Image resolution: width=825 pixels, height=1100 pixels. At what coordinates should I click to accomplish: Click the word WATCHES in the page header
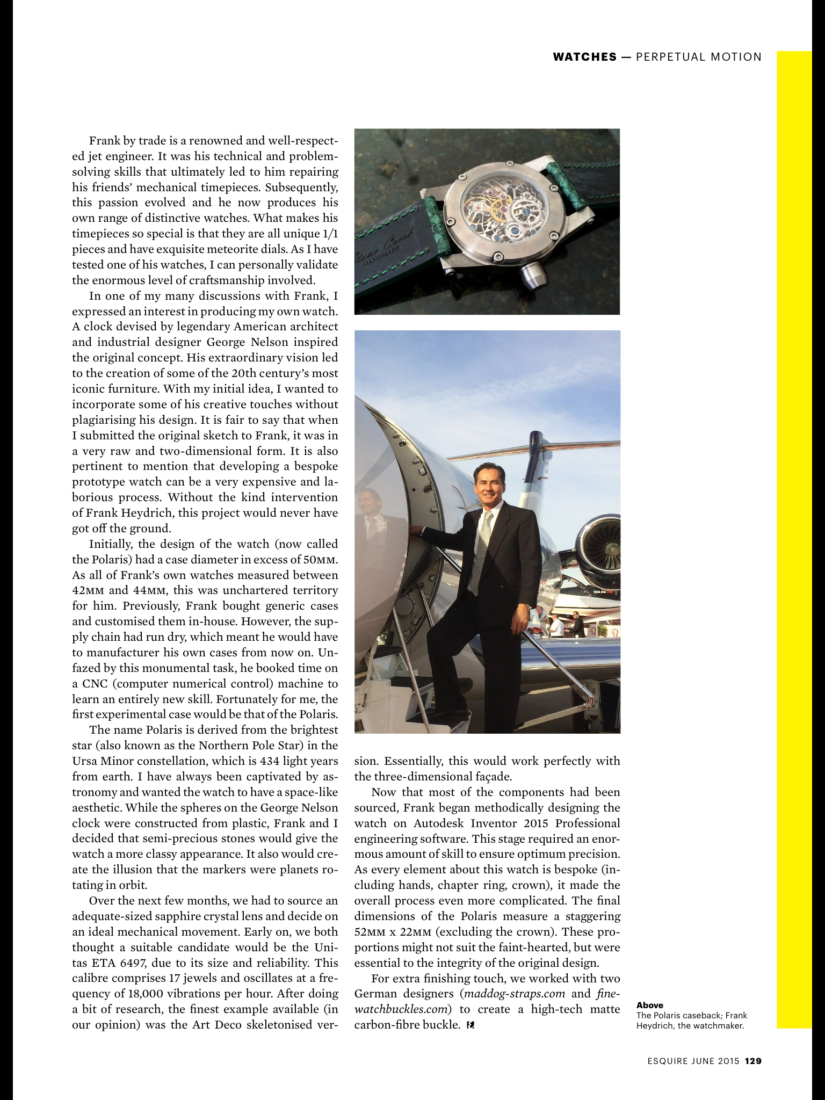[x=584, y=57]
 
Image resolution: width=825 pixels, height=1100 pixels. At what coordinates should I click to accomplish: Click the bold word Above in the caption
[x=649, y=1005]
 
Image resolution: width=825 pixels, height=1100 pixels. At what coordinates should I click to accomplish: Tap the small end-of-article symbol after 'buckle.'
[x=471, y=1025]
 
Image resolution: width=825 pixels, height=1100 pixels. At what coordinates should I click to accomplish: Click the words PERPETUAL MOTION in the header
[x=698, y=57]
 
